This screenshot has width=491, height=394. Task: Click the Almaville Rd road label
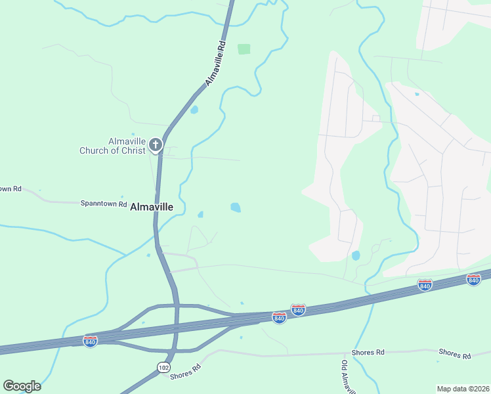coord(215,64)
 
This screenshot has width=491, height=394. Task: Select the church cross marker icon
coord(156,144)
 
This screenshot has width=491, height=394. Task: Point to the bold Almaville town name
coord(152,207)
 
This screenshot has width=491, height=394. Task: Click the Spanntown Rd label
coord(104,204)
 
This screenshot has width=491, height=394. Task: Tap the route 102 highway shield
coord(163,368)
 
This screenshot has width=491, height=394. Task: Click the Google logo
coord(22,386)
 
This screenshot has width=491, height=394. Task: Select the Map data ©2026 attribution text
coord(463,389)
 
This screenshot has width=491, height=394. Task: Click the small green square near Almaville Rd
coord(244,49)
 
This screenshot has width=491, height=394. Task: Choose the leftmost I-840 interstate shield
coord(91,341)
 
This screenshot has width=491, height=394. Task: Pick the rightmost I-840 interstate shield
coord(473,280)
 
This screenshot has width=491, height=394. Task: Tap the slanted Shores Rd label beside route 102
coord(185,372)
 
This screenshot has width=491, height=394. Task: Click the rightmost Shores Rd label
coord(455,355)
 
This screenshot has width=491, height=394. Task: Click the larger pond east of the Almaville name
coord(235,208)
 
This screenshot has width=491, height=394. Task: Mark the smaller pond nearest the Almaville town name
coord(200,214)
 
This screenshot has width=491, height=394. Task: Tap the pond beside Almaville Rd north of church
coord(194,110)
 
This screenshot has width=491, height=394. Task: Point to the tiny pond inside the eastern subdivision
coord(417,94)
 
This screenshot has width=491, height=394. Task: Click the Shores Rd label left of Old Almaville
coord(368,353)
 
